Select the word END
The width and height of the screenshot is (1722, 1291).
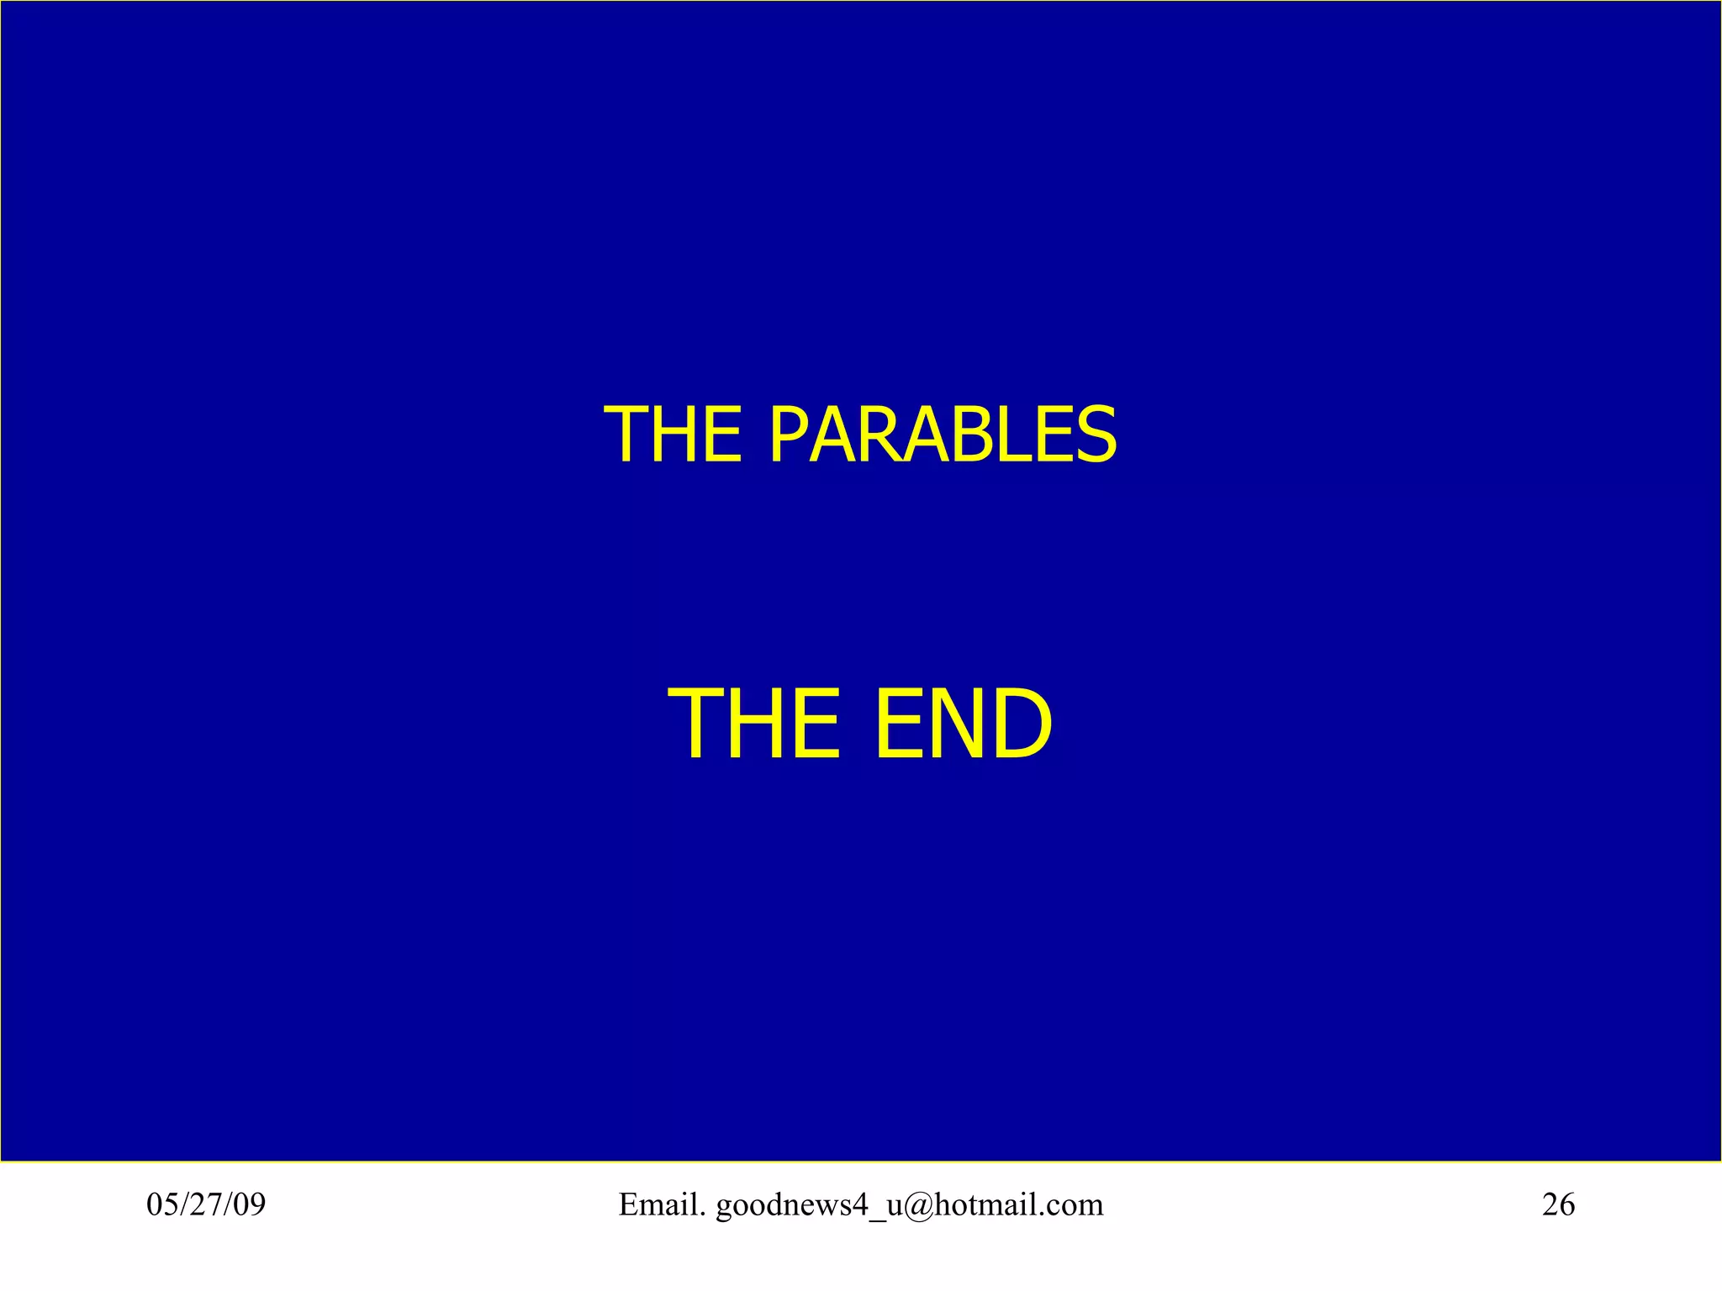[x=963, y=724]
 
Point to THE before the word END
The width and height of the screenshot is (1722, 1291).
[x=753, y=724]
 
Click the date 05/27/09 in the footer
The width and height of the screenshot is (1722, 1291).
[x=206, y=1204]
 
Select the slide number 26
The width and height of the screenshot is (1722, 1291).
[x=1558, y=1204]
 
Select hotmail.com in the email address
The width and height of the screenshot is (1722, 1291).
[x=1018, y=1204]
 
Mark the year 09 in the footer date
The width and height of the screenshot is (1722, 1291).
[x=249, y=1204]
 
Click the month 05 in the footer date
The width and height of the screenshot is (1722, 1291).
[x=161, y=1204]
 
